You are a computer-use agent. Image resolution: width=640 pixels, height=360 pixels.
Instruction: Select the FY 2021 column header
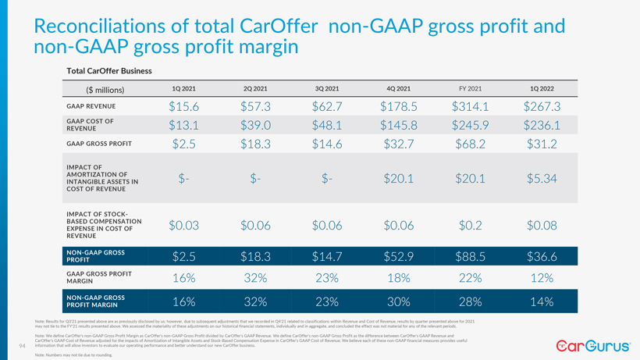tap(470, 88)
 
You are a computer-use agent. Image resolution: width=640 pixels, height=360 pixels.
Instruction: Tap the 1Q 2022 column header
tap(542, 88)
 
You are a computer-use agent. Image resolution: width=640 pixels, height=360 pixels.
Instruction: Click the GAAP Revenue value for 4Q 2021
tap(399, 106)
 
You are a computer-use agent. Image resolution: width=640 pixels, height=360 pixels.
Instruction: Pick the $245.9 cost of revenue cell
tap(470, 125)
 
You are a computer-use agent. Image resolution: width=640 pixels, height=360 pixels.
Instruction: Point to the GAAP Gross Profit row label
tap(99, 144)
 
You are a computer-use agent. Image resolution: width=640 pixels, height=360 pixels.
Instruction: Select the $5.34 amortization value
tap(542, 179)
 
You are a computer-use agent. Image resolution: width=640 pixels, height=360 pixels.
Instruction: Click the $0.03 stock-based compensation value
tap(183, 225)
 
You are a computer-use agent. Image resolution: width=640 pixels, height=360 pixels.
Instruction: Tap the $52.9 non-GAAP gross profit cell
tap(399, 256)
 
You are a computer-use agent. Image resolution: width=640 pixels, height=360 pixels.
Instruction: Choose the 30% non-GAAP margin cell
tap(399, 301)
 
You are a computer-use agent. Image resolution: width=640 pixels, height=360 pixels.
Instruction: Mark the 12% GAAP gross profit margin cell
tap(542, 278)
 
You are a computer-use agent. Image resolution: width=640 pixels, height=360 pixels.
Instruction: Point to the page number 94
tap(21, 346)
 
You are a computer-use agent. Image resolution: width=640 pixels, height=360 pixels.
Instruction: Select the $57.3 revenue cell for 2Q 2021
tap(255, 106)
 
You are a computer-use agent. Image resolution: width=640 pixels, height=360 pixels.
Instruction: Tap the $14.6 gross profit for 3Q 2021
tap(327, 144)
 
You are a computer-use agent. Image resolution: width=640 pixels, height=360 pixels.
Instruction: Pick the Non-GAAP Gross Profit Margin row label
tap(96, 301)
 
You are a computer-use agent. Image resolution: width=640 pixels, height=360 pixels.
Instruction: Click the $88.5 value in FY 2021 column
tap(470, 256)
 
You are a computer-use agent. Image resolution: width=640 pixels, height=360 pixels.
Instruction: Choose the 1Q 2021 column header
tap(183, 88)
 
